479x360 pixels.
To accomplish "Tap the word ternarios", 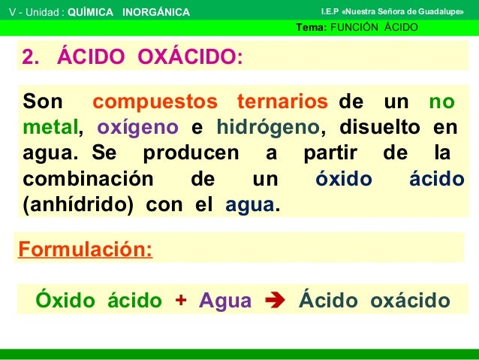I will pos(282,101).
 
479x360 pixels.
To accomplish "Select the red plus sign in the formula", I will pos(180,301).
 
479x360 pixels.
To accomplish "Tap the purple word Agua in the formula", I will pos(225,301).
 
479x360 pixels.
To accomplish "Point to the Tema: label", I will pos(312,29).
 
